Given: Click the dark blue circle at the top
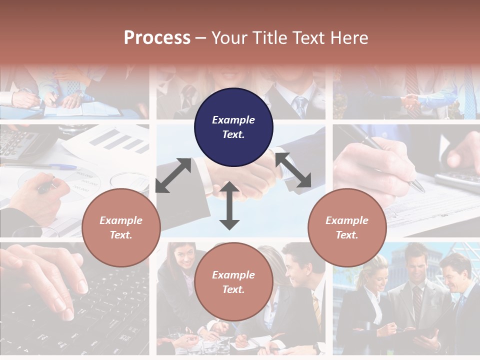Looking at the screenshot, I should click(233, 127).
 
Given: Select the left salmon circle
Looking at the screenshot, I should click(121, 227).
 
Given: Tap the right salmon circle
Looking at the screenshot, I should click(347, 227).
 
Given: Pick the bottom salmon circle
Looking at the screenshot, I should click(233, 282).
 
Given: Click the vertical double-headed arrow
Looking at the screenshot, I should click(229, 205).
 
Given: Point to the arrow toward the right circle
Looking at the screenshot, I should click(293, 170).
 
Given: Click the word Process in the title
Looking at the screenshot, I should click(157, 37).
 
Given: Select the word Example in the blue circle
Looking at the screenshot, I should click(233, 120).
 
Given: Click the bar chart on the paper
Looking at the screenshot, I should click(119, 139).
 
